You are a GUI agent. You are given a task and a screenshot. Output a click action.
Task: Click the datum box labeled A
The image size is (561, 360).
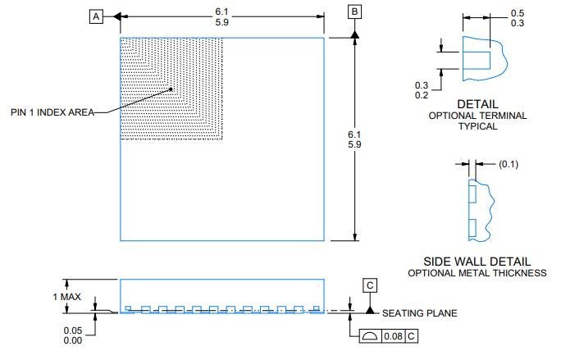click(x=97, y=16)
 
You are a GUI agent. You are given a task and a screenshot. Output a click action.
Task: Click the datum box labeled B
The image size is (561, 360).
click(x=354, y=12)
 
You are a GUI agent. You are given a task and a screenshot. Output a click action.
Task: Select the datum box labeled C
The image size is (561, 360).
click(x=371, y=285)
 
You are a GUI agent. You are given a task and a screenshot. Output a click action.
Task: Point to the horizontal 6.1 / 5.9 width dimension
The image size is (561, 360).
click(x=221, y=16)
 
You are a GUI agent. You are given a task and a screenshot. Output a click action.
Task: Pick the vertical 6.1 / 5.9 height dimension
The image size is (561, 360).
click(x=354, y=139)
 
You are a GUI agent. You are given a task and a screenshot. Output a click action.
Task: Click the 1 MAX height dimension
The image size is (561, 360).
click(x=67, y=296)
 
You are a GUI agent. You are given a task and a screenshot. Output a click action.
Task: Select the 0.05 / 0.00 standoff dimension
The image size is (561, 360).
click(x=72, y=335)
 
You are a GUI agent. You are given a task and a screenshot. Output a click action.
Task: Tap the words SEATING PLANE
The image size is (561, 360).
click(x=420, y=313)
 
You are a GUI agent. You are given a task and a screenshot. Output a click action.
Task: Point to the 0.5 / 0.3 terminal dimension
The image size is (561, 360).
click(x=518, y=18)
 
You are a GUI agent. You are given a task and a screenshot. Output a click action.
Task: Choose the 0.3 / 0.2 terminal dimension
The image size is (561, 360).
click(x=422, y=90)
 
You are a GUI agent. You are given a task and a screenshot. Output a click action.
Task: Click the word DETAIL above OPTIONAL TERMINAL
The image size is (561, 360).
click(x=477, y=104)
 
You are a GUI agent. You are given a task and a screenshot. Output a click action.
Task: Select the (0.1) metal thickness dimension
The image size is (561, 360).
click(x=508, y=164)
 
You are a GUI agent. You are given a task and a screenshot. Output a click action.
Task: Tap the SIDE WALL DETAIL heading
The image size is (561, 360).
click(x=477, y=260)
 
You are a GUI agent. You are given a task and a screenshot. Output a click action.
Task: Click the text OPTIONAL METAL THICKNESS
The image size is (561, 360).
click(x=477, y=273)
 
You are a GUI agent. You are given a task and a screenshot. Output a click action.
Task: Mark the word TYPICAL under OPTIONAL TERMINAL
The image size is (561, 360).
click(x=477, y=127)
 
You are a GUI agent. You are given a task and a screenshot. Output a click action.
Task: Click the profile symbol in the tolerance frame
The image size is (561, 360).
click(x=371, y=336)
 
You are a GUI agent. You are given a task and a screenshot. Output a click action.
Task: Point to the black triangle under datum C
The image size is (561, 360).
click(x=371, y=309)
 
